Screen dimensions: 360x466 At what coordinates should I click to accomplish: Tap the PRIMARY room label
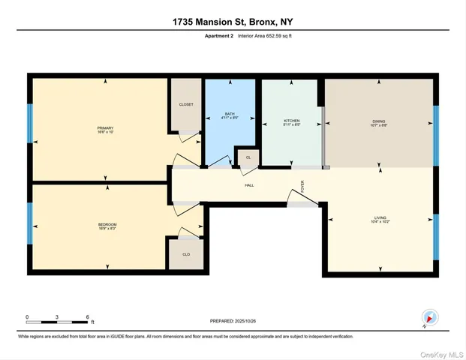(105, 128)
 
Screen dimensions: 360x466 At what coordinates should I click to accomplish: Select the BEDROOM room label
(107, 224)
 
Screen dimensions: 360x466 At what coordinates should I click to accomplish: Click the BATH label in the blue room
(230, 114)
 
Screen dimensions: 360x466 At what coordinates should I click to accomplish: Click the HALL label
(248, 184)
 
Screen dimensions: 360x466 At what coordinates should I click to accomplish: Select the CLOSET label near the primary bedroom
(185, 104)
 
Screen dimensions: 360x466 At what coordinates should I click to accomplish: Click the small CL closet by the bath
(248, 157)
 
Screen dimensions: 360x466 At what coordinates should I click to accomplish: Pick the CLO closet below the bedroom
(185, 253)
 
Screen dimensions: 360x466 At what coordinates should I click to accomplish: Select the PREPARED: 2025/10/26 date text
(233, 320)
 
